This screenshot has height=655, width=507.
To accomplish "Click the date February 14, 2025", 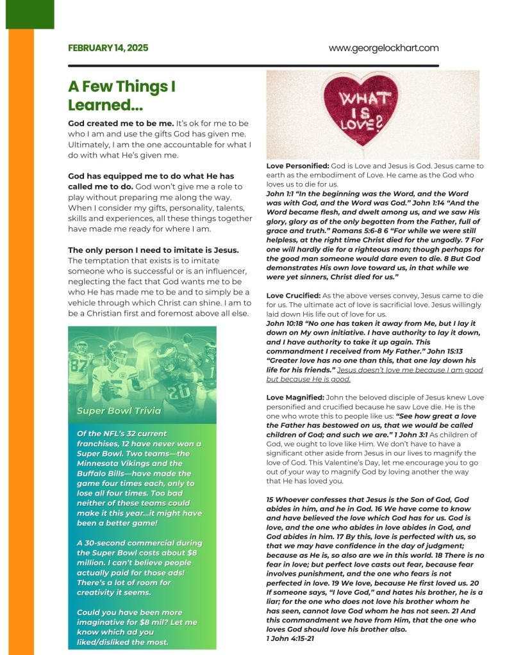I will pyautogui.click(x=108, y=48).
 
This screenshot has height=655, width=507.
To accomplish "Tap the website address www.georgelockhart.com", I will pyautogui.click(x=383, y=48).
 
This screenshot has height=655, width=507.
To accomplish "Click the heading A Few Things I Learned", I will pyautogui.click(x=122, y=95).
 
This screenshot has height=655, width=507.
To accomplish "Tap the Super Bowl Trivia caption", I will pyautogui.click(x=119, y=410).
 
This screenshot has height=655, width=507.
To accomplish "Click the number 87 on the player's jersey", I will pyautogui.click(x=78, y=365).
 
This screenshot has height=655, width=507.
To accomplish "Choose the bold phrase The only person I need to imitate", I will pyautogui.click(x=153, y=250).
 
